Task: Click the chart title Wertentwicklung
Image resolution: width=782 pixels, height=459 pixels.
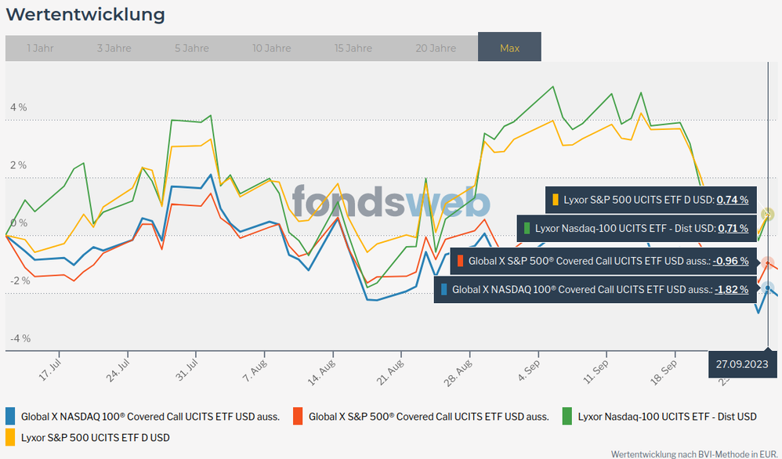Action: point(85,15)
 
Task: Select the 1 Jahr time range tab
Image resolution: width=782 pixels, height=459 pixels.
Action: point(40,48)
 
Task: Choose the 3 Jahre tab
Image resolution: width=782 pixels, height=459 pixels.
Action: point(114,48)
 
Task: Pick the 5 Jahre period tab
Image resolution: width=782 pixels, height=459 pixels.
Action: point(192,48)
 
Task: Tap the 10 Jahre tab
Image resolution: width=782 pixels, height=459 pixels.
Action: point(271,48)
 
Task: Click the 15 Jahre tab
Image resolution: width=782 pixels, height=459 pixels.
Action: point(353,48)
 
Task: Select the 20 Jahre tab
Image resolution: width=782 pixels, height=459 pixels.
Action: point(436,48)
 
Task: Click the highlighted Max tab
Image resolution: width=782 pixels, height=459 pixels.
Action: point(509,48)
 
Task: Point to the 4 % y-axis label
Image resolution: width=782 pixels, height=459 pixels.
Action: point(18,107)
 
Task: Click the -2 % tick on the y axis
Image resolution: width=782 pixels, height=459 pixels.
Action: point(18,280)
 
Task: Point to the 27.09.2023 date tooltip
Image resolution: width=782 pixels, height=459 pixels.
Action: point(739,364)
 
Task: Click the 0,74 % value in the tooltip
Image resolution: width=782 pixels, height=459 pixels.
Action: point(732,200)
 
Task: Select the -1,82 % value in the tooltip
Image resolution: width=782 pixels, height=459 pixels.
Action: point(731,289)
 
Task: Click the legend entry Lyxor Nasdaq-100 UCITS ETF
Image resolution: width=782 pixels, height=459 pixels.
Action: point(667,417)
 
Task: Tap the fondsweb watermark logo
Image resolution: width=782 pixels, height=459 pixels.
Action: point(392,202)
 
